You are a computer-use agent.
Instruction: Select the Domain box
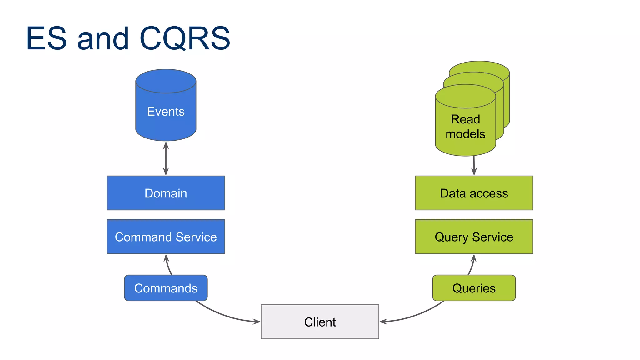[x=166, y=193]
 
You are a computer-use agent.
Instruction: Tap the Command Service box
[x=166, y=237]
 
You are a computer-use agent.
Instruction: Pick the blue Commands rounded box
[x=166, y=288]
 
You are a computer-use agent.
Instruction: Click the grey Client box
[x=320, y=322]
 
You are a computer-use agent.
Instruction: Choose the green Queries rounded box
[x=474, y=288]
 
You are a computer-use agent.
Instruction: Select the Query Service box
[x=474, y=237]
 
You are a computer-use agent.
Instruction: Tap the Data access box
[x=474, y=193]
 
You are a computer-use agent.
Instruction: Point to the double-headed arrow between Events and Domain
[x=166, y=158]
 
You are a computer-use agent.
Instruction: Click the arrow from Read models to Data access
[x=474, y=166]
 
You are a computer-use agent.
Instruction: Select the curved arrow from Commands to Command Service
[x=168, y=265]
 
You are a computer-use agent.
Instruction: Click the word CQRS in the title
[x=185, y=39]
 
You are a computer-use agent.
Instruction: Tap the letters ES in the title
[x=46, y=39]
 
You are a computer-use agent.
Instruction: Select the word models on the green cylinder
[x=465, y=134]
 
